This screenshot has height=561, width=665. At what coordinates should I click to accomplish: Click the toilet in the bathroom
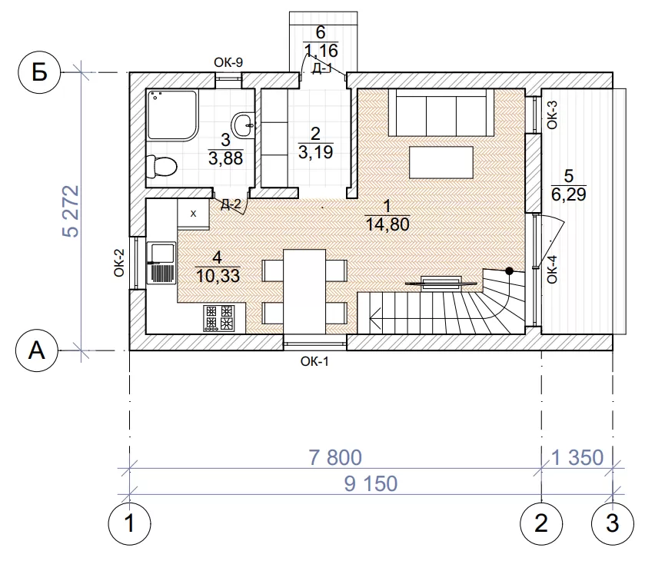[161, 167]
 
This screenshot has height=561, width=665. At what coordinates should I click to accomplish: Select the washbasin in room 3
[244, 124]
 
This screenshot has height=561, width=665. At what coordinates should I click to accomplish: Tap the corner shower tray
[173, 115]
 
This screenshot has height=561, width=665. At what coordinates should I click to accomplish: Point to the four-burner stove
[220, 318]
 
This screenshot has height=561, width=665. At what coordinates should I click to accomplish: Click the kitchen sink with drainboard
[161, 263]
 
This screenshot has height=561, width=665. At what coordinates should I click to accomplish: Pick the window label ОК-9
[228, 63]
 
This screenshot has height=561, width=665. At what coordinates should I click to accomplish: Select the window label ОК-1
[314, 361]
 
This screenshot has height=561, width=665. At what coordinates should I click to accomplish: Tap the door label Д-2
[231, 204]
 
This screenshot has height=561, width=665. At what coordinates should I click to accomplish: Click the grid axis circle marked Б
[39, 72]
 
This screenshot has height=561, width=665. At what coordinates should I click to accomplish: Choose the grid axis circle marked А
[37, 350]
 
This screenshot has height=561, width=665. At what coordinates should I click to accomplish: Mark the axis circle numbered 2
[541, 523]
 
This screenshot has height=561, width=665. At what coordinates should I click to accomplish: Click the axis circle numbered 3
[613, 523]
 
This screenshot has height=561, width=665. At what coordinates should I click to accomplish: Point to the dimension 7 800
[335, 457]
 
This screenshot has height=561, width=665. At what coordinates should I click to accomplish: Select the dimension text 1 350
[577, 457]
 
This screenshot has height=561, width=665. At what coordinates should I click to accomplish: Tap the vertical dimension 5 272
[71, 211]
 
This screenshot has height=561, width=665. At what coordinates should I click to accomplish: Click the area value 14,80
[387, 224]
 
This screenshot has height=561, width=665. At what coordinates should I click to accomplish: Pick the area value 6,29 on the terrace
[569, 194]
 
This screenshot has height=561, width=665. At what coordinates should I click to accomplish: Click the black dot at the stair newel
[510, 271]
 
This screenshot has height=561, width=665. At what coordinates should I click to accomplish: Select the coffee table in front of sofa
[441, 162]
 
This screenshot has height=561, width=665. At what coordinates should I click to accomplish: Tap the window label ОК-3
[552, 115]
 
